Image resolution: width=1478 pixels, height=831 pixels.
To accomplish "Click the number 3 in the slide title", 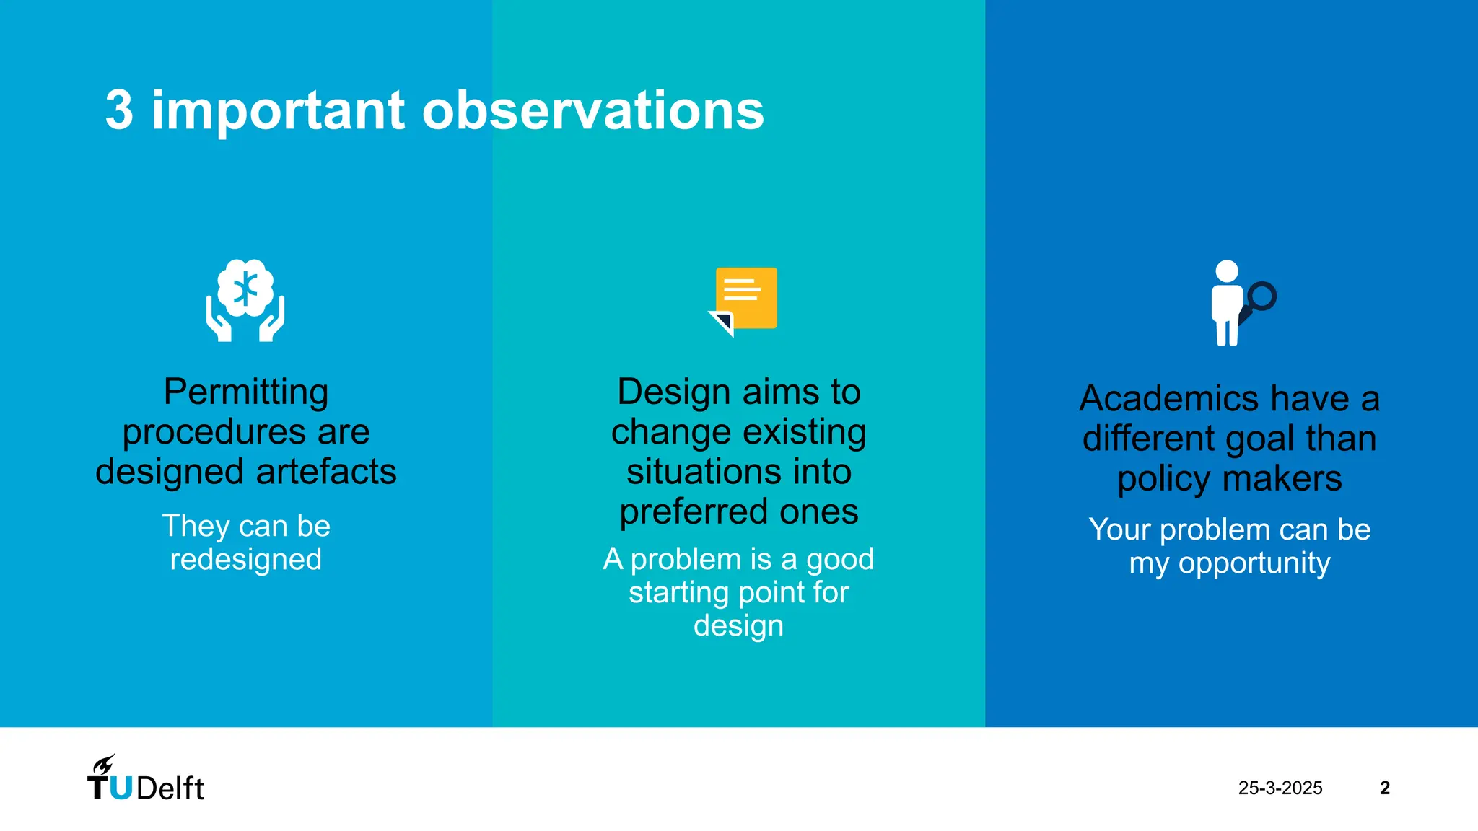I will [119, 110].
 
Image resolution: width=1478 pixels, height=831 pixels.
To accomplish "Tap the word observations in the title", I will [592, 110].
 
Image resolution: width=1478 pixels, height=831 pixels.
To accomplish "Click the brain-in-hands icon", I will [245, 300].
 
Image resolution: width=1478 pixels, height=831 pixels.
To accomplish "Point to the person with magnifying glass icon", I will [1228, 303].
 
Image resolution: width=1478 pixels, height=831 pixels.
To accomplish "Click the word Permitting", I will [246, 392].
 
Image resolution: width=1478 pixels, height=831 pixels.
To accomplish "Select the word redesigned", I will [246, 560].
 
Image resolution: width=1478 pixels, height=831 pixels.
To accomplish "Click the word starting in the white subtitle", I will [679, 593].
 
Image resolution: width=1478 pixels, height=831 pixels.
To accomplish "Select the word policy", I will [1163, 480].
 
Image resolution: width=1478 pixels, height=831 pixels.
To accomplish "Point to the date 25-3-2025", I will [1280, 788].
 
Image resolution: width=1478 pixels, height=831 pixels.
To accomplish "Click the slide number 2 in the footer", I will [1384, 788].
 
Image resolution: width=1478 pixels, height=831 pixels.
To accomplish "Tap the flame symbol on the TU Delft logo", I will [104, 765].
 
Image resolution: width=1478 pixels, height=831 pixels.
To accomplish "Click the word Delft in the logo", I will [170, 788].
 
